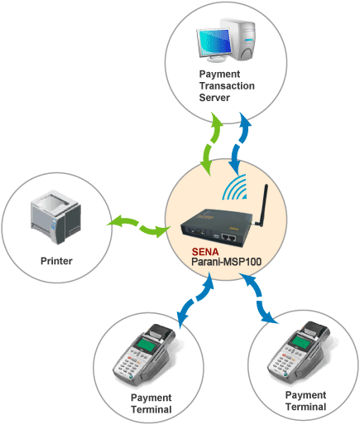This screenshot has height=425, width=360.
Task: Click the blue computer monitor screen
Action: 215,42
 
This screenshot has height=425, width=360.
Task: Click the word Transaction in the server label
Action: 227,86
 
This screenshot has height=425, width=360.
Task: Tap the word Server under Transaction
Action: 214,98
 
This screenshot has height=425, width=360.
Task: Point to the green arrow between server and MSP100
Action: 210,142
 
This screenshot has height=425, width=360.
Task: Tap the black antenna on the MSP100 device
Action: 262,205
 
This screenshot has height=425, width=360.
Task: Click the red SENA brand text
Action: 205,252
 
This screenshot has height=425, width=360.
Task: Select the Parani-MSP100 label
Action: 226,262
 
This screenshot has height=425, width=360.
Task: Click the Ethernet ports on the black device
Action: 229,237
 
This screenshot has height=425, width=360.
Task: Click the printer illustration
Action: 55,217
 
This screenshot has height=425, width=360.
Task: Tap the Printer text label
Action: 56,261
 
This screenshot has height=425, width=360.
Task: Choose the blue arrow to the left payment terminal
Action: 195,300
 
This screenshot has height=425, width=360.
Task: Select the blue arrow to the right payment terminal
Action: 258,297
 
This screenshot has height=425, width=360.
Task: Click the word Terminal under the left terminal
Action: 151,409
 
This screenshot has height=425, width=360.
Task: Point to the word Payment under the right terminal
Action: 305,395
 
